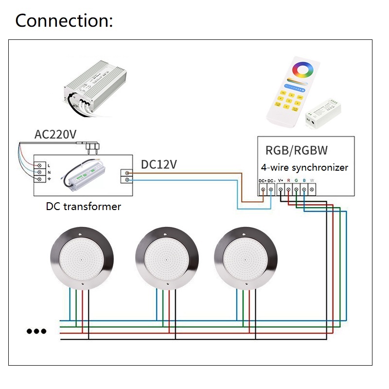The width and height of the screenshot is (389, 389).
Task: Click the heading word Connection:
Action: coord(64,21)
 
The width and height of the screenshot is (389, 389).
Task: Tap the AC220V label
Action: coord(55,135)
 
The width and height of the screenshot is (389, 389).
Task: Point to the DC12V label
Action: coord(159,165)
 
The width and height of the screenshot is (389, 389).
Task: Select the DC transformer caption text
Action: coord(83,206)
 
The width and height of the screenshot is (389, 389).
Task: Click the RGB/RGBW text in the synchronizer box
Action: coord(297,149)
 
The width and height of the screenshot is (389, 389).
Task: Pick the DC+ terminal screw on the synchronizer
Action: coord(263,189)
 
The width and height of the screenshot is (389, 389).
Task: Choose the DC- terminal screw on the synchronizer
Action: coord(271,189)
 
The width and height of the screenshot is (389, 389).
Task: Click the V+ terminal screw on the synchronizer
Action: coord(281,189)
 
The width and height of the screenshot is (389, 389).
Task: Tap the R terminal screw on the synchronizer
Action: coord(288,189)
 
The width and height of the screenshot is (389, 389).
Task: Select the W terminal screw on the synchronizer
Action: coord(312,189)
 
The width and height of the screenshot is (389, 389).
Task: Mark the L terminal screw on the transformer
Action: coord(38,165)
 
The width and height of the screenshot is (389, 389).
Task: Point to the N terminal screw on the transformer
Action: coord(38,172)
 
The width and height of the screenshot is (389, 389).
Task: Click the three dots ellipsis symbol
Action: coord(36,332)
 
